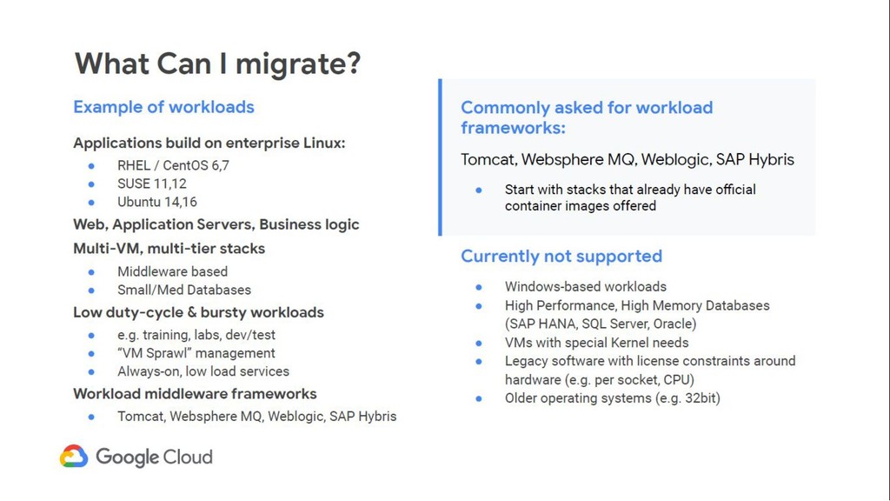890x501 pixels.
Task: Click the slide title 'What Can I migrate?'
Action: tap(217, 63)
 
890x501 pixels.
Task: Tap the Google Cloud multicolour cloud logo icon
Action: tap(74, 456)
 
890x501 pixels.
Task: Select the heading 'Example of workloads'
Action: tap(163, 107)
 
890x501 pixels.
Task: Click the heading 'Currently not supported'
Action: tap(561, 257)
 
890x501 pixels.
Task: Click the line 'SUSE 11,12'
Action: tap(151, 184)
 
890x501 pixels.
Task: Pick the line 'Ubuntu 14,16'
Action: tap(157, 202)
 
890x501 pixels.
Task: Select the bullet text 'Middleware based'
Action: tap(173, 271)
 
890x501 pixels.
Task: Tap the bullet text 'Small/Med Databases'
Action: tap(184, 290)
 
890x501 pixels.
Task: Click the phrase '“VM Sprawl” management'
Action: tap(196, 353)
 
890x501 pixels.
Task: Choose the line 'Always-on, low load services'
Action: tap(203, 371)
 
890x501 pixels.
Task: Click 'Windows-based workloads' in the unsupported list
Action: tap(586, 287)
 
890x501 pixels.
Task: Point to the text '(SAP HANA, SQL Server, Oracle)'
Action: tap(601, 324)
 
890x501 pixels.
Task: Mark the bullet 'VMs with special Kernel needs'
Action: tap(596, 343)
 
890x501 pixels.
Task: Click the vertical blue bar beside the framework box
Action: tap(440, 157)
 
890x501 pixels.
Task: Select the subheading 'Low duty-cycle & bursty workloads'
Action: tap(199, 312)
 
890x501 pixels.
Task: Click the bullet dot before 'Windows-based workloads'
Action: tap(479, 287)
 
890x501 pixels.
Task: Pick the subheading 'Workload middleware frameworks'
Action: tap(195, 394)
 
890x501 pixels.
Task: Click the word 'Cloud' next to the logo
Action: tap(187, 457)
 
